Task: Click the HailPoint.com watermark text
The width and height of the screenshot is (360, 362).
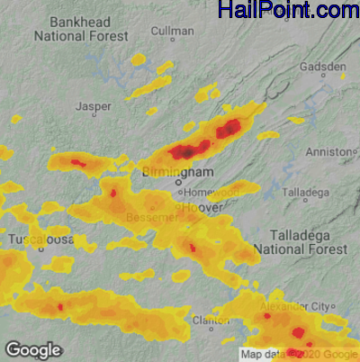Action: coord(288,11)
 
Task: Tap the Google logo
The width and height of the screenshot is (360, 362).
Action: coord(33,349)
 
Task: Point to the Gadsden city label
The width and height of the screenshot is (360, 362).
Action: coord(324,67)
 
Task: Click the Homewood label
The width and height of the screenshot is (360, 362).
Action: coord(212,191)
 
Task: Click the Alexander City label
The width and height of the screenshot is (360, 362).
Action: coord(296,306)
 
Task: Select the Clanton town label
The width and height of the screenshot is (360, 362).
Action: coord(210,320)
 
